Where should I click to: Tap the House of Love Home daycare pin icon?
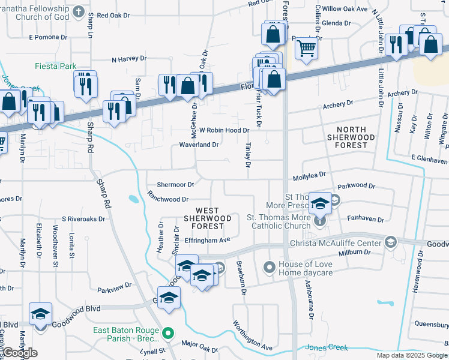pyautogui.click(x=270, y=266)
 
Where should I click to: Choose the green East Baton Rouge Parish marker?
pyautogui.click(x=169, y=332)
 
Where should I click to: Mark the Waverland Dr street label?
pyautogui.click(x=199, y=145)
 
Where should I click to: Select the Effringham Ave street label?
pyautogui.click(x=208, y=240)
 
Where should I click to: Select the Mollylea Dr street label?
pyautogui.click(x=309, y=175)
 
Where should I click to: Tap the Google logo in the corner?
pyautogui.click(x=19, y=353)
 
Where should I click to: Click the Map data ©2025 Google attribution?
pyautogui.click(x=411, y=355)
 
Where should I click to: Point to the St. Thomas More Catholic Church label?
pyautogui.click(x=280, y=222)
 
